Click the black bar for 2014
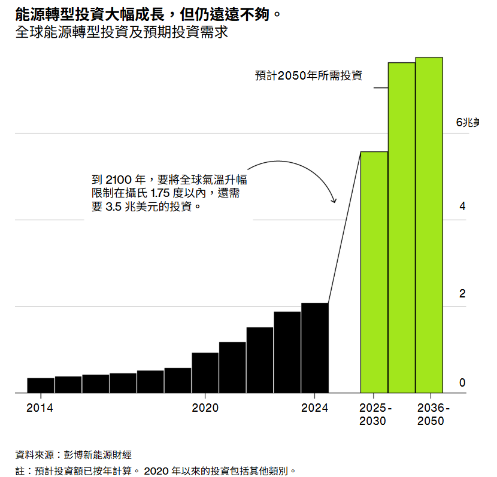[x=41, y=385]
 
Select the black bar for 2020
[x=205, y=373]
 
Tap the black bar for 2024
[x=315, y=348]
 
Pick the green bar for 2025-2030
[x=374, y=272]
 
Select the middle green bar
[x=402, y=227]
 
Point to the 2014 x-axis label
[x=40, y=408]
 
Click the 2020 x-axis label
[x=205, y=408]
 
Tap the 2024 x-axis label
[x=315, y=408]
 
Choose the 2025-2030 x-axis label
[x=374, y=414]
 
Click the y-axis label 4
[x=462, y=207]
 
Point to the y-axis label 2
[x=462, y=294]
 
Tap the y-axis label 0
[x=462, y=382]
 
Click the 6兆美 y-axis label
[x=468, y=122]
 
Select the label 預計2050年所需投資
[x=308, y=75]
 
